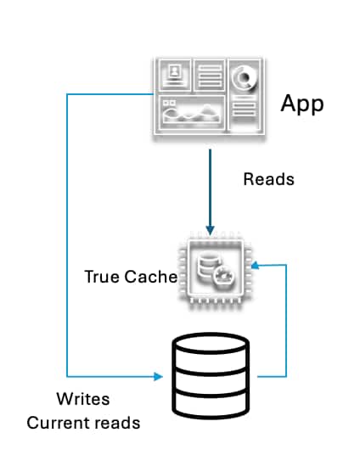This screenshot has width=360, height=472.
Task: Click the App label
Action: (x=303, y=104)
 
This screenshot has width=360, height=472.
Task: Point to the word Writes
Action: (x=82, y=398)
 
